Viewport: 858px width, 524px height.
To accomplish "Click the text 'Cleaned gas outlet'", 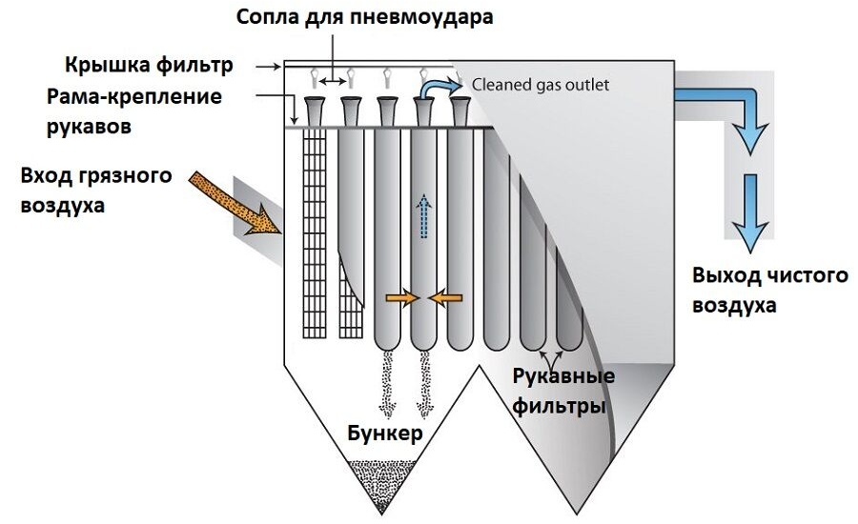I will tap(541, 85).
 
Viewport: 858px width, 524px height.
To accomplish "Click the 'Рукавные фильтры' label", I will tap(562, 392).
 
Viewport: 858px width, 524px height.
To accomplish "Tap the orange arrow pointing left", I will tap(444, 298).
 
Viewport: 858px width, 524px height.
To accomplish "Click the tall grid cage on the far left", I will tap(315, 233).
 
